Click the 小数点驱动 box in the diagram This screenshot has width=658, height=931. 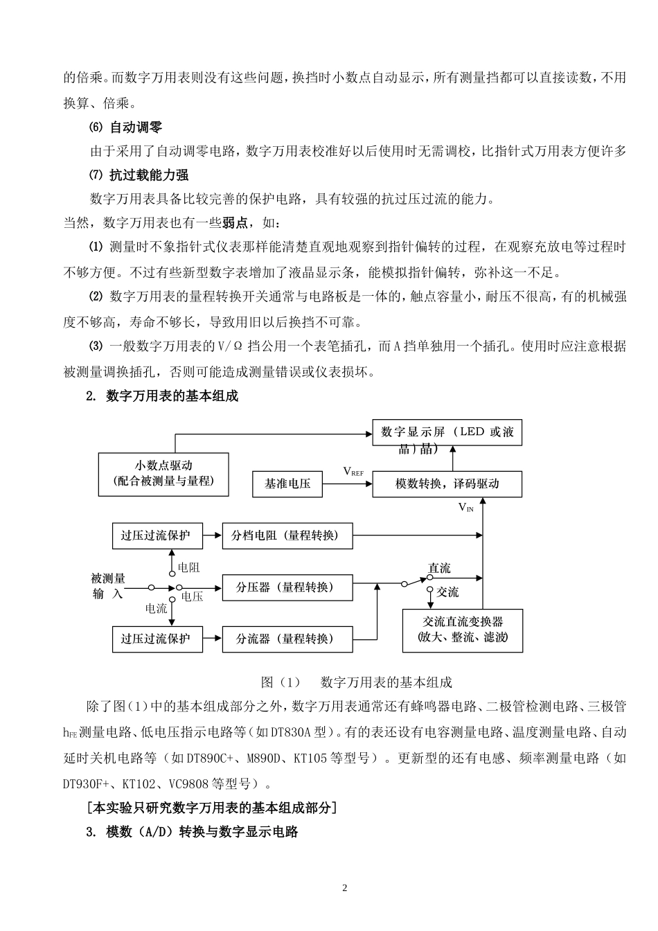tap(163, 474)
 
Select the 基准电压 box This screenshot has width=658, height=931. tap(287, 484)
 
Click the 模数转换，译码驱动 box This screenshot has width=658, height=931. tap(447, 484)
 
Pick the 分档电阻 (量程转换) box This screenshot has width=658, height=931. tap(287, 535)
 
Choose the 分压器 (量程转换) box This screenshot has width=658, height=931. tap(287, 587)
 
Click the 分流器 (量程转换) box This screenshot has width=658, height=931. tap(287, 639)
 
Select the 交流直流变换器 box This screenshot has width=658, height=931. tap(463, 630)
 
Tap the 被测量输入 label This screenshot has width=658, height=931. tap(108, 586)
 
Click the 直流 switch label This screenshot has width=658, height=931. tap(439, 569)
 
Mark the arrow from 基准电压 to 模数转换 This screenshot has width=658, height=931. tap(347, 484)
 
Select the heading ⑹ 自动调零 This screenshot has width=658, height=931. tap(126, 127)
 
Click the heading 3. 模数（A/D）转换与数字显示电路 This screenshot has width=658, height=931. tap(193, 832)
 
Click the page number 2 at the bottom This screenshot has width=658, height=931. tap(345, 889)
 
